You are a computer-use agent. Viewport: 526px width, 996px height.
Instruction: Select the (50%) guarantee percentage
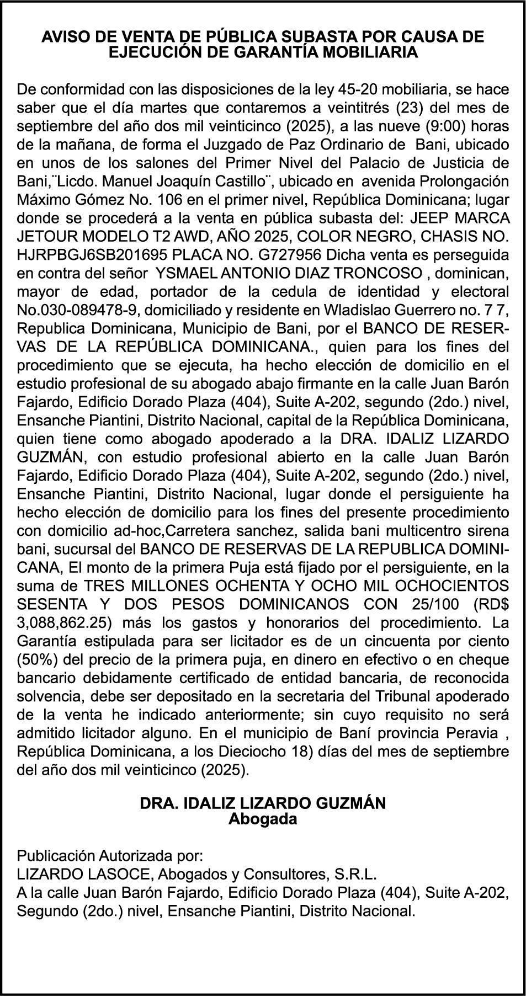(36, 660)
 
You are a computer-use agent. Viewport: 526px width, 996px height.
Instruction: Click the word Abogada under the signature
(263, 819)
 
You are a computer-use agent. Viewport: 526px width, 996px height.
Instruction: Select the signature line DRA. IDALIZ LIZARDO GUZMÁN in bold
(263, 803)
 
